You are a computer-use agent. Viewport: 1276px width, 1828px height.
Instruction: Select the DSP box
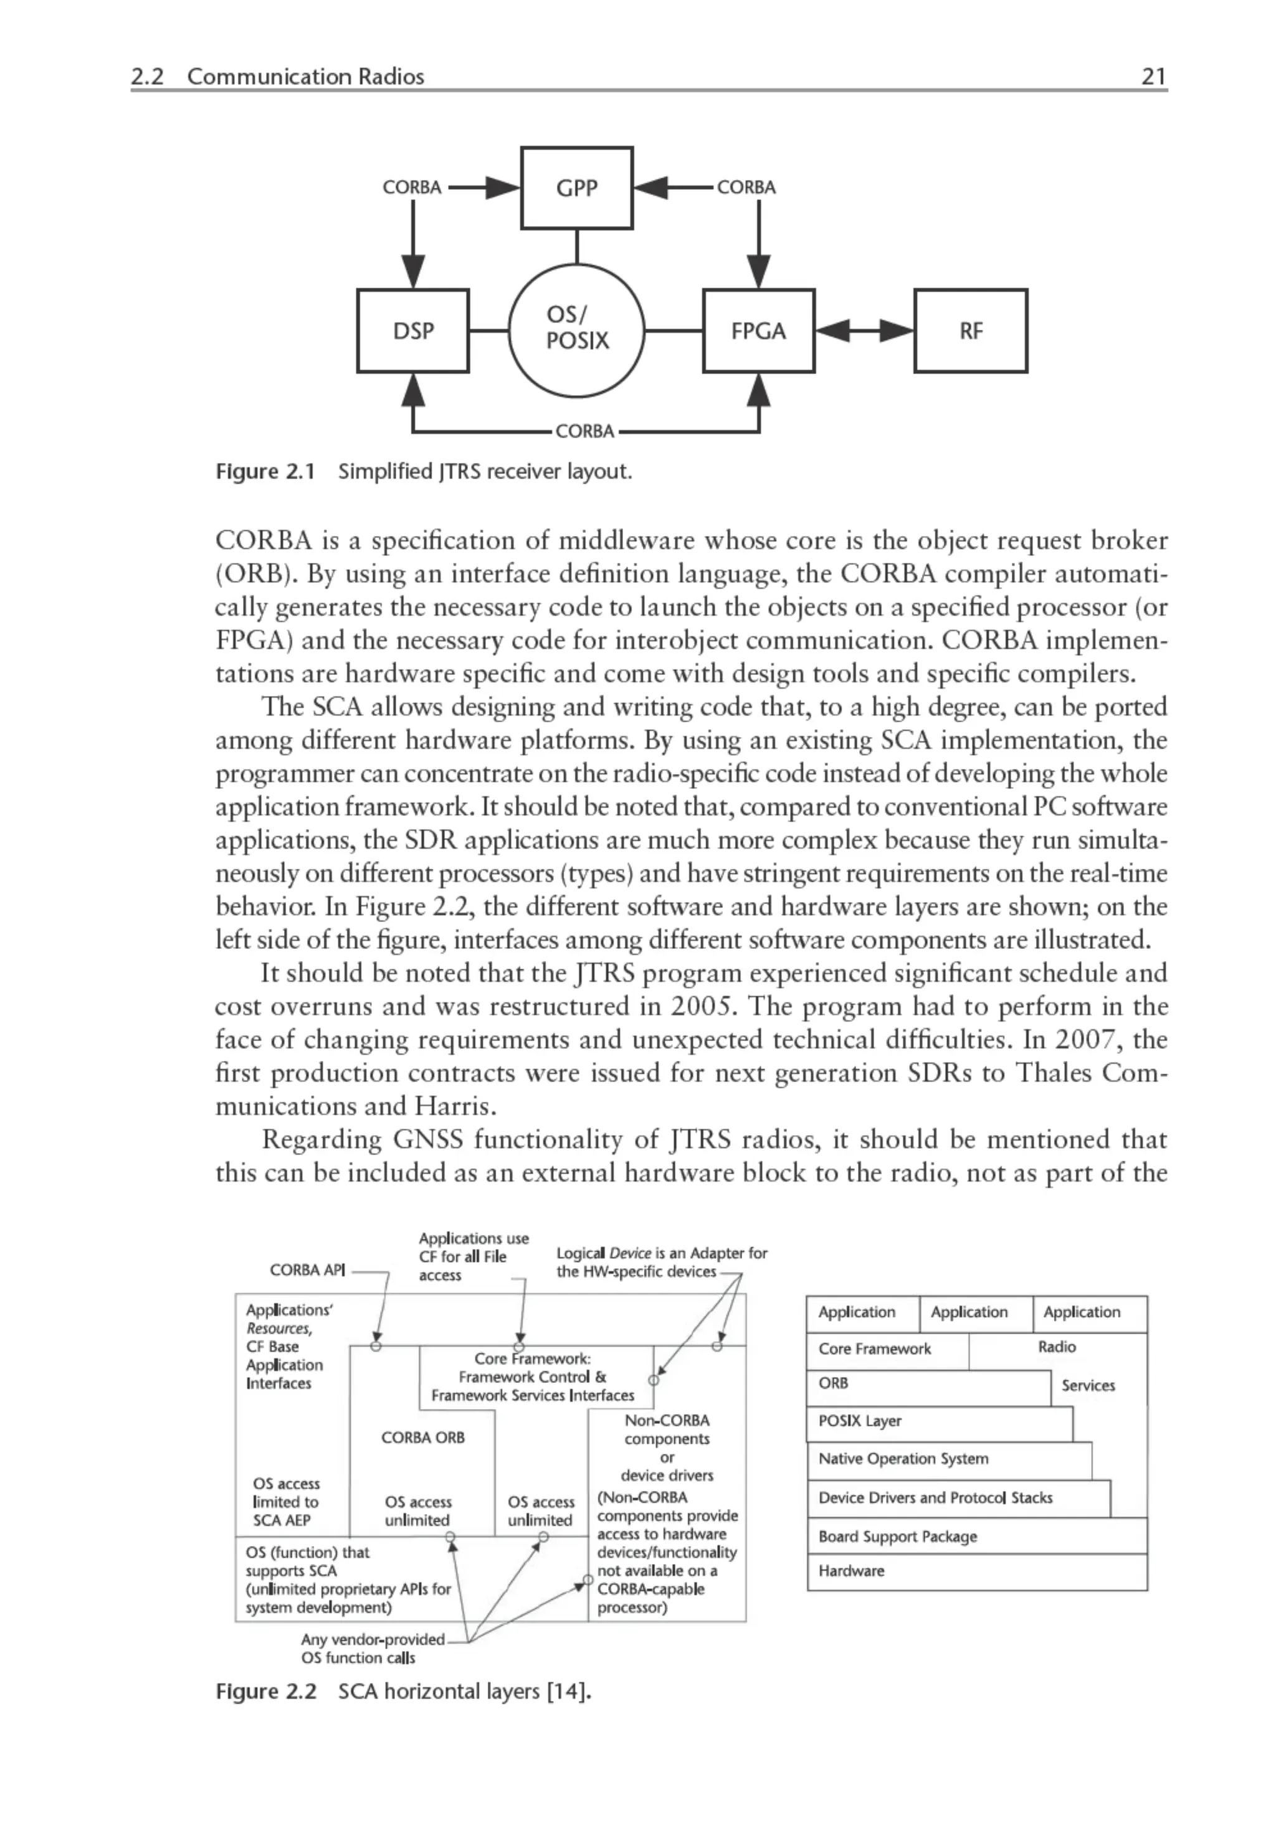[x=412, y=331]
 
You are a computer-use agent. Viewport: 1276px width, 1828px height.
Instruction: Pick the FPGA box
[x=758, y=331]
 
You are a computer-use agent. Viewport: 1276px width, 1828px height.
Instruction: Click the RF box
[x=970, y=331]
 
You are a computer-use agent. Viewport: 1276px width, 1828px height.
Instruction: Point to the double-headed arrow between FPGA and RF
[x=864, y=331]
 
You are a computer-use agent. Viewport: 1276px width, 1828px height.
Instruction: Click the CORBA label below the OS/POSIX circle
[x=584, y=431]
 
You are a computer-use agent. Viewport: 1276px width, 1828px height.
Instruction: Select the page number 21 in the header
[x=1153, y=77]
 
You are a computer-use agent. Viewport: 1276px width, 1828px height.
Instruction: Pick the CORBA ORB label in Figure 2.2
[x=422, y=1437]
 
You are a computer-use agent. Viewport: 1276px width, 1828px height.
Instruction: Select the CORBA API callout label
[x=307, y=1270]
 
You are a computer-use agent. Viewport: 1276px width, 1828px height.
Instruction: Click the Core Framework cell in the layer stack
[x=875, y=1349]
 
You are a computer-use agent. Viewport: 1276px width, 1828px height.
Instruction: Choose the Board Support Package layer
[x=898, y=1537]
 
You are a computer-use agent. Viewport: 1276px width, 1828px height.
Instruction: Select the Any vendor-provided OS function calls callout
[x=372, y=1648]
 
